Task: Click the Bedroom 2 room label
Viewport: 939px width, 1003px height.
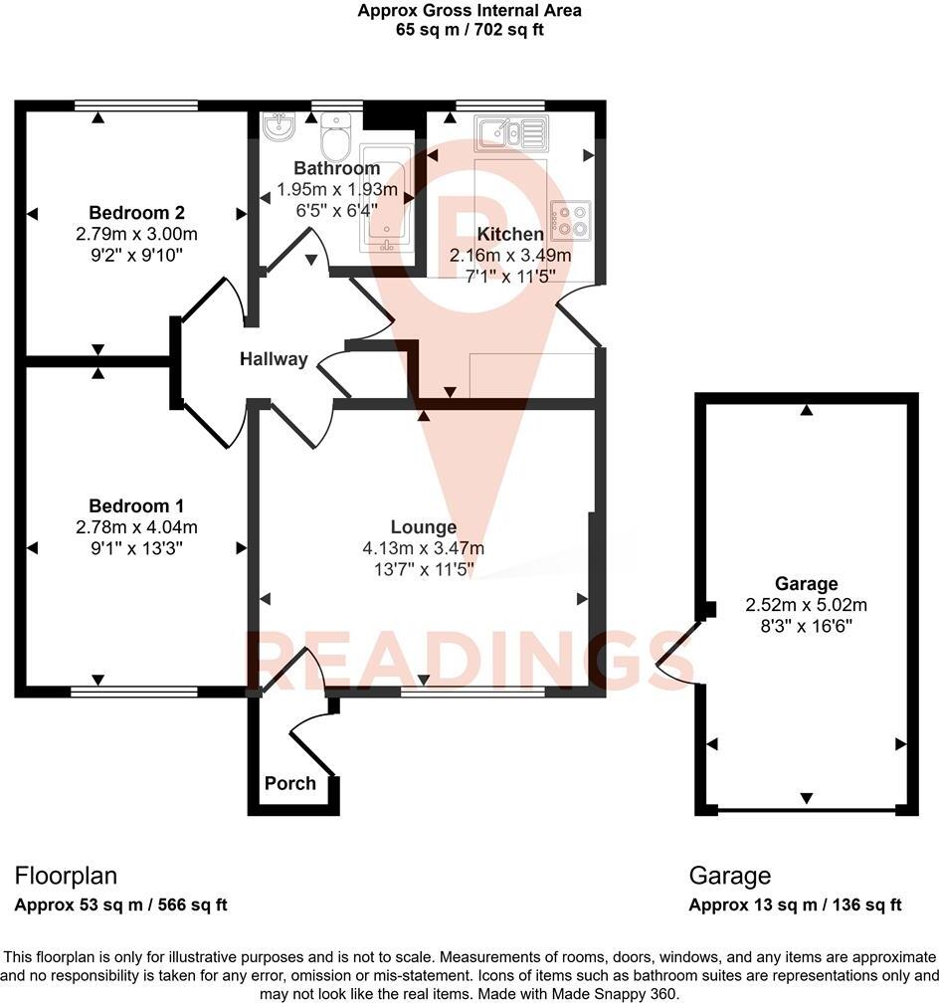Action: point(137,213)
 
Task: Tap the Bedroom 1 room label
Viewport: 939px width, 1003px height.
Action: point(137,505)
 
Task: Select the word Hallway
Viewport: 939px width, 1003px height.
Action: point(274,359)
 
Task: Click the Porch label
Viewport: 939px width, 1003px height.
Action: point(290,783)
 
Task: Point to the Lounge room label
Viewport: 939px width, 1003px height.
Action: point(424,527)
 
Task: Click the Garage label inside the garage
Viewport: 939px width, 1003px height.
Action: point(807,584)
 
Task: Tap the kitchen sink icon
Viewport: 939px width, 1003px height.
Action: point(511,131)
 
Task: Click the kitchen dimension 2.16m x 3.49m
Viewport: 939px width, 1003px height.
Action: point(511,255)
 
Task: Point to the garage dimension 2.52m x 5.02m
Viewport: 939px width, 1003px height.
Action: point(807,605)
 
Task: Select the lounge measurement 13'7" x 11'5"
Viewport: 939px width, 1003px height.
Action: point(424,569)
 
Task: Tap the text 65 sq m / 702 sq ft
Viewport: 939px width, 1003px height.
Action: point(469,30)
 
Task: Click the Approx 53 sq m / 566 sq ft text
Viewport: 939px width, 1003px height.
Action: point(121,904)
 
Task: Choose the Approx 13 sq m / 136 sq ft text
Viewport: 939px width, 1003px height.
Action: point(796,904)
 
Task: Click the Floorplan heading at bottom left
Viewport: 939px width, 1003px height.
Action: point(66,876)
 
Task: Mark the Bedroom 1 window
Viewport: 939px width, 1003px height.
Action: point(133,689)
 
